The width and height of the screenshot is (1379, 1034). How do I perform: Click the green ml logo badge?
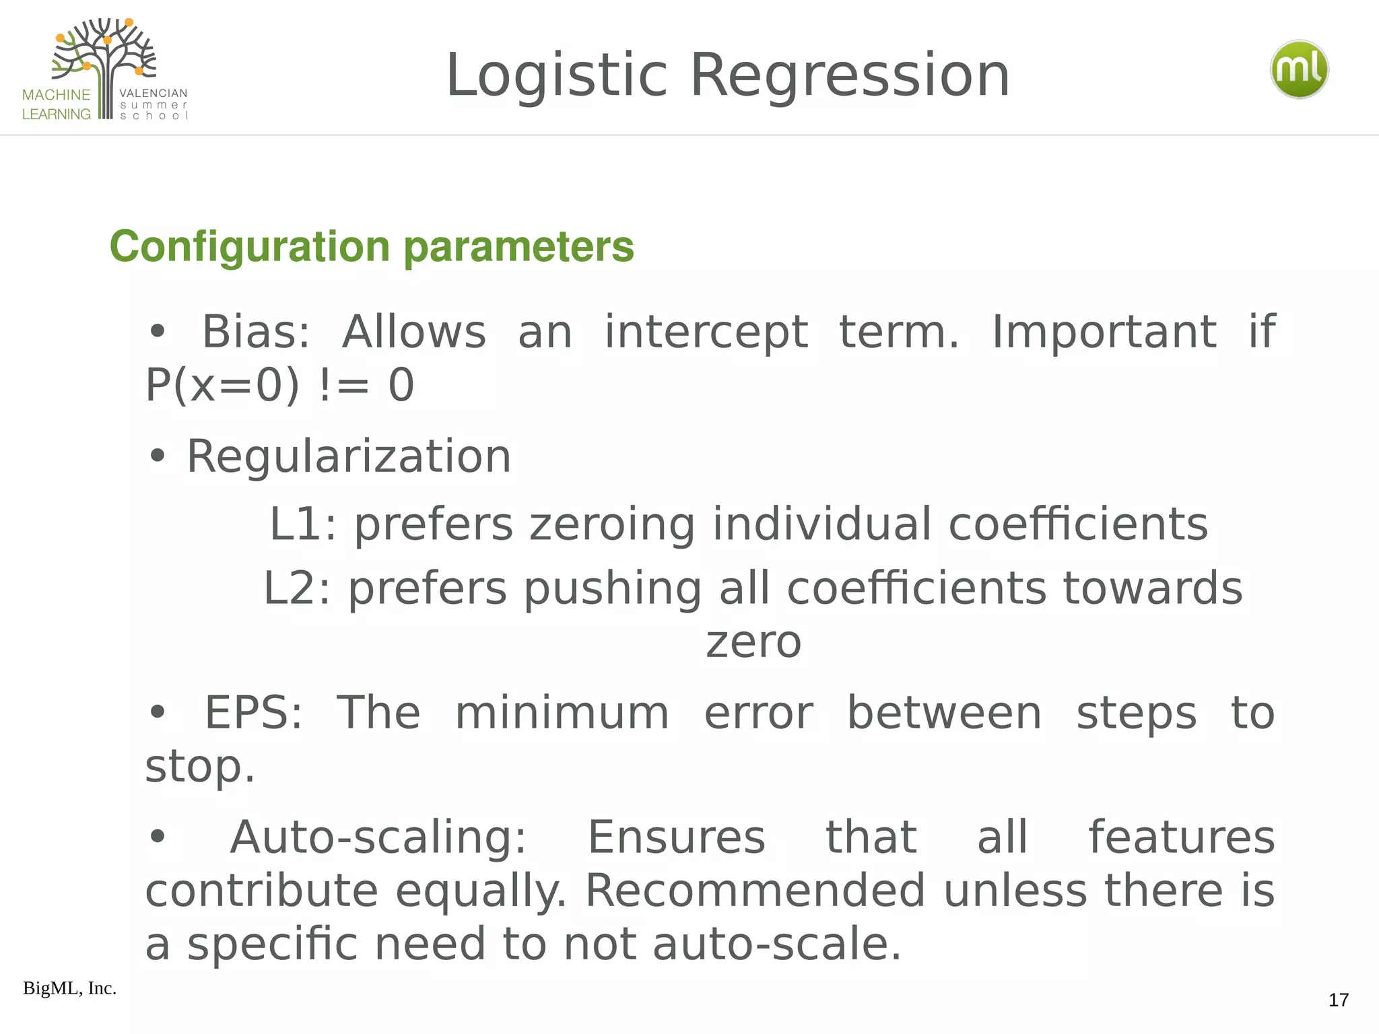click(1299, 69)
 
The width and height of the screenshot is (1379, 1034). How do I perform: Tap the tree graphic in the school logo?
click(104, 61)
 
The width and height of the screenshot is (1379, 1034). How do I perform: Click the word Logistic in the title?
click(556, 75)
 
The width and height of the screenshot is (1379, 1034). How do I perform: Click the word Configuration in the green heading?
click(249, 246)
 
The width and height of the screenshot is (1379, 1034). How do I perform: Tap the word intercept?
click(706, 333)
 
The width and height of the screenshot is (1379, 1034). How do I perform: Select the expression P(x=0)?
click(222, 385)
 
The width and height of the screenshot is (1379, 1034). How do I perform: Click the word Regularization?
click(349, 456)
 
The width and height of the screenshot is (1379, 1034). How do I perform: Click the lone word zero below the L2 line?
click(753, 642)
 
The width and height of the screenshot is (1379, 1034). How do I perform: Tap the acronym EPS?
click(253, 713)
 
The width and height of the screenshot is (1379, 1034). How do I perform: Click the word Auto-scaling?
click(378, 837)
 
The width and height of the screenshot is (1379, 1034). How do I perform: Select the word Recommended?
click(755, 891)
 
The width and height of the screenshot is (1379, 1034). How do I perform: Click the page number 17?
click(1338, 1000)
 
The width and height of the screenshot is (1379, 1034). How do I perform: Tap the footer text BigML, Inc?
click(69, 988)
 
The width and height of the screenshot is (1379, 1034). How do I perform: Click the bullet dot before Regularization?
click(158, 456)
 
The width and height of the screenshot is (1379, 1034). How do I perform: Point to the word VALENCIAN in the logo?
click(154, 94)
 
